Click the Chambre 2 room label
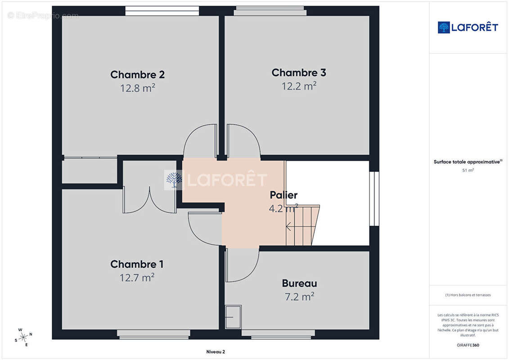(x=137, y=75)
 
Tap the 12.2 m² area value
(x=299, y=86)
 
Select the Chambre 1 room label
(x=137, y=264)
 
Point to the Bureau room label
(x=299, y=283)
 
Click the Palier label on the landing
(x=284, y=195)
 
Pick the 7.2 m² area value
(x=299, y=297)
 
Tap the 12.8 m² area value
(x=138, y=88)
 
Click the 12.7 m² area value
(x=137, y=278)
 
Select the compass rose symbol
(x=23, y=337)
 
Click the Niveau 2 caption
(x=216, y=352)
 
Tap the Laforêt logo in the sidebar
(x=468, y=27)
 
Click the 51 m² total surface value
(x=468, y=170)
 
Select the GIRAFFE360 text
(x=468, y=345)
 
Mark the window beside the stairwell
(x=374, y=198)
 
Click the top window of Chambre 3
(x=270, y=11)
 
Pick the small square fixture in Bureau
(x=233, y=317)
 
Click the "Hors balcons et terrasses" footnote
(x=468, y=295)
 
